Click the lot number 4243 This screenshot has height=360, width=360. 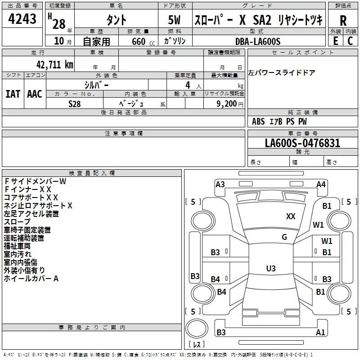[22, 19]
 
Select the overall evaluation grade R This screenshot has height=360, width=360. [343, 21]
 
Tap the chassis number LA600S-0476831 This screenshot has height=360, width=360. [302, 143]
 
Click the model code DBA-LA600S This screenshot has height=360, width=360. [257, 41]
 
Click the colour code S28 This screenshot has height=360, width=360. [75, 103]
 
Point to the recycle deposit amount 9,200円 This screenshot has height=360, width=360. [230, 103]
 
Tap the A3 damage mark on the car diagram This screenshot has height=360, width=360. [220, 184]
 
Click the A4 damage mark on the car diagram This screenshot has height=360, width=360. [321, 184]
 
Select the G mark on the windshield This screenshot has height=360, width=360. [284, 237]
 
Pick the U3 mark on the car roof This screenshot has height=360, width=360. [270, 269]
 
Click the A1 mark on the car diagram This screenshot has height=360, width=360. [320, 333]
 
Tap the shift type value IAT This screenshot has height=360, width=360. [13, 94]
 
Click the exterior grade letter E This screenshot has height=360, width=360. [336, 41]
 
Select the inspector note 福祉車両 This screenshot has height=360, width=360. [17, 246]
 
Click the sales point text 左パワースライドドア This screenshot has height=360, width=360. [282, 73]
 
